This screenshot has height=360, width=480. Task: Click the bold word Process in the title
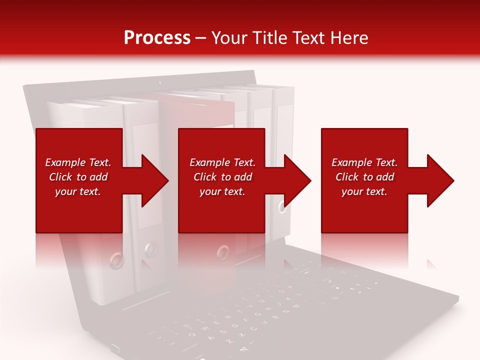157,38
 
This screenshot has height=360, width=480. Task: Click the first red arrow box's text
77,177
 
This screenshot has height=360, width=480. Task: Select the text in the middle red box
222,177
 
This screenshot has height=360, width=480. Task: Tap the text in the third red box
364,177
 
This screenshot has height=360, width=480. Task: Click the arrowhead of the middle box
298,180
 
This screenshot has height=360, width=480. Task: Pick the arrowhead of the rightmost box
441,180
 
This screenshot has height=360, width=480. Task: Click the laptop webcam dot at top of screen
160,82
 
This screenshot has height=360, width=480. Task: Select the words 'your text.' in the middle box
222,191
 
